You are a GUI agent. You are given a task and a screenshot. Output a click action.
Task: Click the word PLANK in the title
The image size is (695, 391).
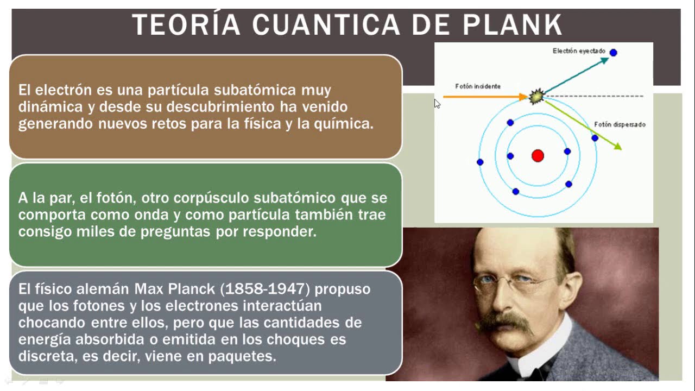[x=513, y=24]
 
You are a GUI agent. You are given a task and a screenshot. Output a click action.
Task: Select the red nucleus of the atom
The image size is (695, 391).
[x=538, y=155]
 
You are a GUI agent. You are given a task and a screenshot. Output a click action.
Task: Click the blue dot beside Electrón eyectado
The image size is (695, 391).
[x=613, y=53]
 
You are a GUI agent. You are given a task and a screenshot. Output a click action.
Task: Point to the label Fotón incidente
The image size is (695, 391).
[x=478, y=86]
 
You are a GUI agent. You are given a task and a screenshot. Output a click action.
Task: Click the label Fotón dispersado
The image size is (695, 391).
[x=620, y=124]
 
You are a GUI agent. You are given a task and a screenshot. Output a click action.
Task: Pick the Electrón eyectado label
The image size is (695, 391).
[x=579, y=51]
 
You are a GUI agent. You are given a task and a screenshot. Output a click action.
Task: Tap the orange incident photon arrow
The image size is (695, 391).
[x=485, y=97]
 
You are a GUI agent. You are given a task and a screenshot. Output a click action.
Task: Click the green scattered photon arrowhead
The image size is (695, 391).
[x=618, y=146]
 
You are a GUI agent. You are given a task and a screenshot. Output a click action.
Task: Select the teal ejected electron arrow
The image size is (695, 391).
[x=577, y=75]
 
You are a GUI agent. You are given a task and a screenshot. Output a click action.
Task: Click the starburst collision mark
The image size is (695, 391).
[x=536, y=97]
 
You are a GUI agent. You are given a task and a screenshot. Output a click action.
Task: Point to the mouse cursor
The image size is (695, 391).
[x=437, y=104]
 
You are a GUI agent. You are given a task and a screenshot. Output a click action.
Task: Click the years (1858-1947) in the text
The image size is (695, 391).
[x=265, y=289]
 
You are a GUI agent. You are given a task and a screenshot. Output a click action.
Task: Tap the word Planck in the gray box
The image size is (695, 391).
[x=192, y=289]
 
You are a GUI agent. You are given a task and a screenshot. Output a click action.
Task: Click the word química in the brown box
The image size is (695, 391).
[x=344, y=123]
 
